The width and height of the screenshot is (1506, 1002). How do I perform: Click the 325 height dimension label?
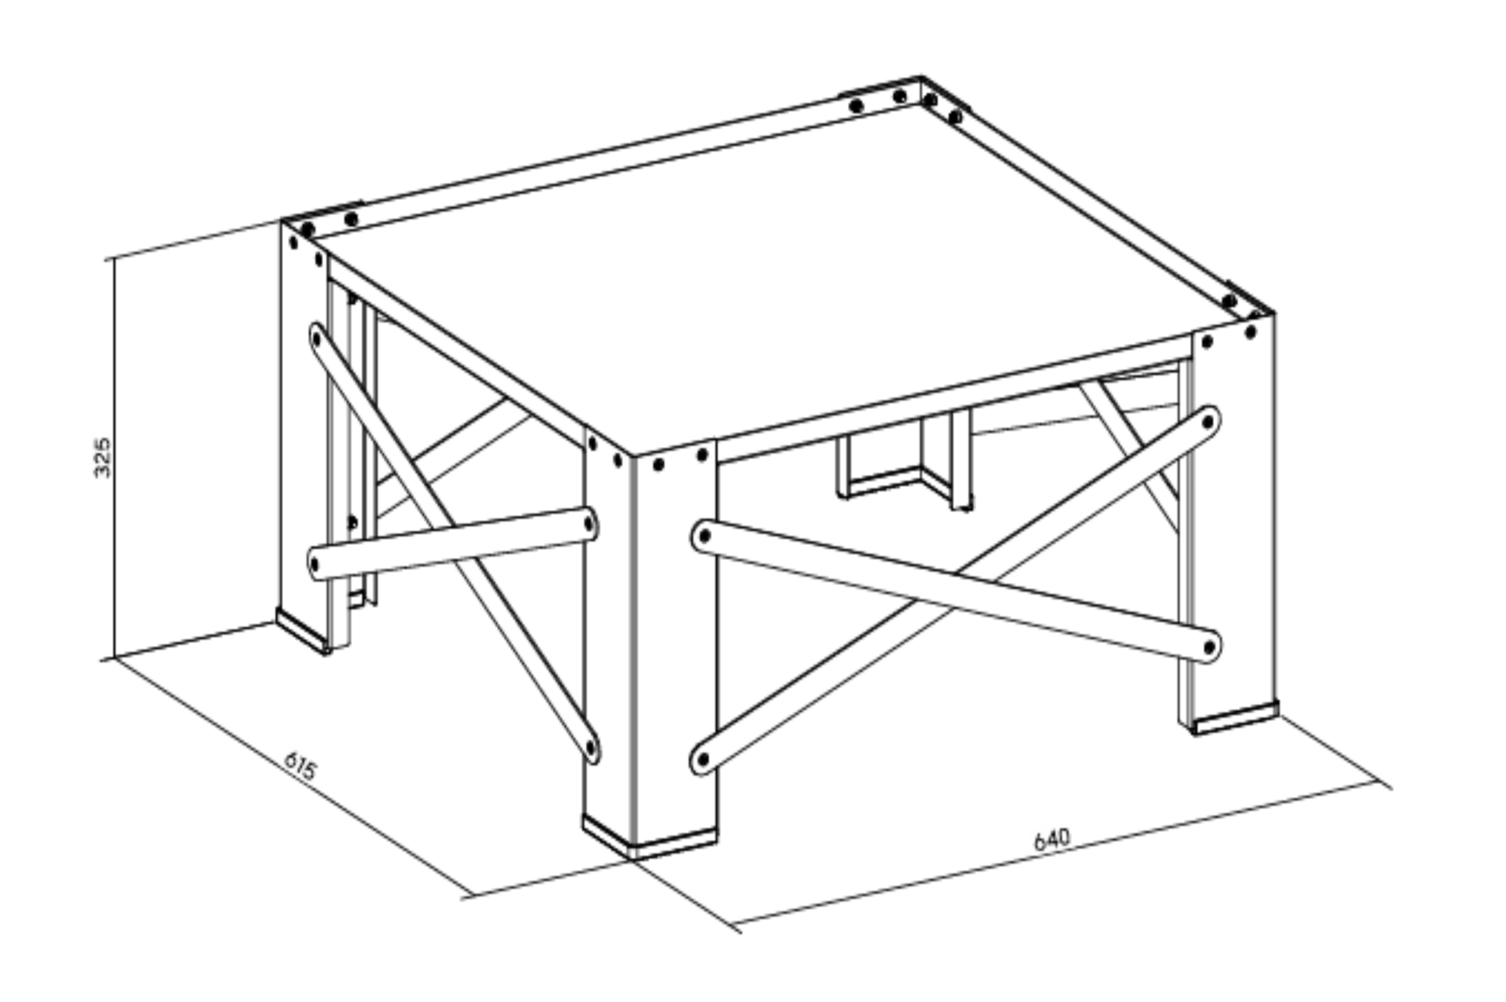103,457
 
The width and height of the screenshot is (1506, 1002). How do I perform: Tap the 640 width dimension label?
1052,839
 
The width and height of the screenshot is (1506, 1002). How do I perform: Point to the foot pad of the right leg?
1233,718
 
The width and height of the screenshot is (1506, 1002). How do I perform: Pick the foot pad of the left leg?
303,631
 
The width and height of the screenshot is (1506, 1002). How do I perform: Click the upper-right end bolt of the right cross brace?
1208,423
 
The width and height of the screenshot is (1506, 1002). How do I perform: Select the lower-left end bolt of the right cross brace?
703,759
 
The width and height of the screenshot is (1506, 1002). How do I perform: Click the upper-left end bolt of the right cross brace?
705,535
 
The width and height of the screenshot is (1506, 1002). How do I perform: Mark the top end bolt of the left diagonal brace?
316,336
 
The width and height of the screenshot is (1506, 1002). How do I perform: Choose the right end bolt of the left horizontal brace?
589,525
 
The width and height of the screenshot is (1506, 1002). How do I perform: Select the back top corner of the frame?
921,77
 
